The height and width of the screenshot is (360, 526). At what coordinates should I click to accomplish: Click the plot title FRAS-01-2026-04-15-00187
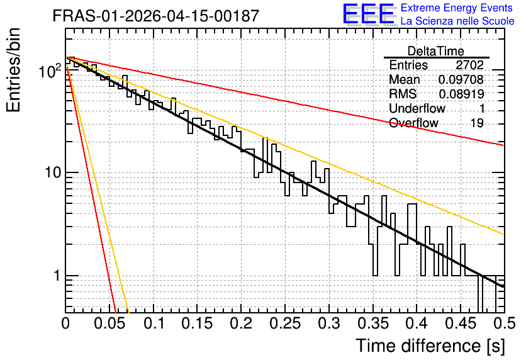[156, 16]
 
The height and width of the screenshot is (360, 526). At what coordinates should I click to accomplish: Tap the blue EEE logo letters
[368, 14]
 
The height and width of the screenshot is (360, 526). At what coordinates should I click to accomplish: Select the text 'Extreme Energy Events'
[457, 8]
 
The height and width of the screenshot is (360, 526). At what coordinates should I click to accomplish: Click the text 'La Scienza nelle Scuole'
[457, 21]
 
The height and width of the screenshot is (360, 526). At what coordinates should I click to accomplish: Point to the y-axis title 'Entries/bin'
[13, 70]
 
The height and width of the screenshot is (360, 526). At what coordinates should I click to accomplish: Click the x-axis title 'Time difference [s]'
[430, 346]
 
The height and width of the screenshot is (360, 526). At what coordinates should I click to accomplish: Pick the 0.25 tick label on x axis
[285, 323]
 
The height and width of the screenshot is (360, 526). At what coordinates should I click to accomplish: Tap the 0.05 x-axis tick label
[109, 323]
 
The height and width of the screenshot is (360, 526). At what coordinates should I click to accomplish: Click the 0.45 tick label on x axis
[461, 323]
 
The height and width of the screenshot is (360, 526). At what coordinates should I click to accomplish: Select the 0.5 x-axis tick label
[505, 323]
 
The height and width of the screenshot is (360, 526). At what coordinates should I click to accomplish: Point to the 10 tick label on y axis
[52, 173]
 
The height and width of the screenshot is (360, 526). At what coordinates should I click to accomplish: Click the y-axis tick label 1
[57, 276]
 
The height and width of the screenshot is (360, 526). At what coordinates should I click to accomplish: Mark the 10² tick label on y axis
[50, 70]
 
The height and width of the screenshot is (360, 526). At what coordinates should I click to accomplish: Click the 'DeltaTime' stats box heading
[436, 51]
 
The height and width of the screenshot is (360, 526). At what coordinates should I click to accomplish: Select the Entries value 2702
[469, 65]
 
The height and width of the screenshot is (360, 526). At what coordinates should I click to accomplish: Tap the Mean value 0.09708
[461, 79]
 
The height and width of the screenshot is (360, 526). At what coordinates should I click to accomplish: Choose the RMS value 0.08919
[461, 94]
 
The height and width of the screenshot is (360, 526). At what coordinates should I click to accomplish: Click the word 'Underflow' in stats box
[417, 108]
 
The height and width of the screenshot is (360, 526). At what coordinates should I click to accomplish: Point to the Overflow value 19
[477, 123]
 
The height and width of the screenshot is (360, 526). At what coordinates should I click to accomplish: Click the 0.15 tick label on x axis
[198, 323]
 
